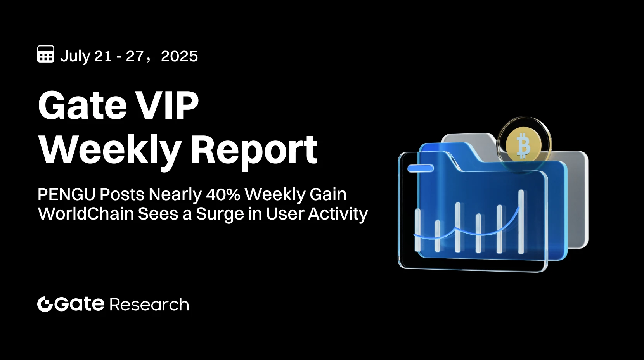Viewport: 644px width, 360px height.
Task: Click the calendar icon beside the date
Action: click(x=46, y=54)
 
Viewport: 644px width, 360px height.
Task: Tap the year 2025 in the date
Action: click(x=179, y=57)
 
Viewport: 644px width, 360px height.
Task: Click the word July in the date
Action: click(x=75, y=57)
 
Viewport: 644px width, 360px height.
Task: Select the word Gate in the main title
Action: click(x=83, y=106)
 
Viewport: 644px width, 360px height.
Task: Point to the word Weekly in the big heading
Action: click(x=110, y=151)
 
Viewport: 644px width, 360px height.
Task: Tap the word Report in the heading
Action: click(x=254, y=151)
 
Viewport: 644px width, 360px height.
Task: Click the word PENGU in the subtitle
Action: click(x=66, y=194)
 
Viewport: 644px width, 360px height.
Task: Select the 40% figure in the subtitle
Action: click(x=223, y=194)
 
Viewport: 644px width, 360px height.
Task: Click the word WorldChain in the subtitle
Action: click(x=86, y=214)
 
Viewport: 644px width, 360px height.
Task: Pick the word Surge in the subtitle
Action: click(x=215, y=214)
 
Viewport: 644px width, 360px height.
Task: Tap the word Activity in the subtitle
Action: click(x=338, y=214)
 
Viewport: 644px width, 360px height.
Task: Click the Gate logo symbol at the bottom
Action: click(x=45, y=304)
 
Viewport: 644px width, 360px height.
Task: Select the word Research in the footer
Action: click(x=149, y=305)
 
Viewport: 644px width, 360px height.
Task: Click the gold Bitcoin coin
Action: click(x=524, y=145)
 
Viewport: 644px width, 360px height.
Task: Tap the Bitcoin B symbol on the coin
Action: click(x=523, y=146)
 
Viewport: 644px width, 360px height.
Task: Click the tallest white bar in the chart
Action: click(x=521, y=221)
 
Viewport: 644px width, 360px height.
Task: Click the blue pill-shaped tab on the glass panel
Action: click(x=421, y=168)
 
